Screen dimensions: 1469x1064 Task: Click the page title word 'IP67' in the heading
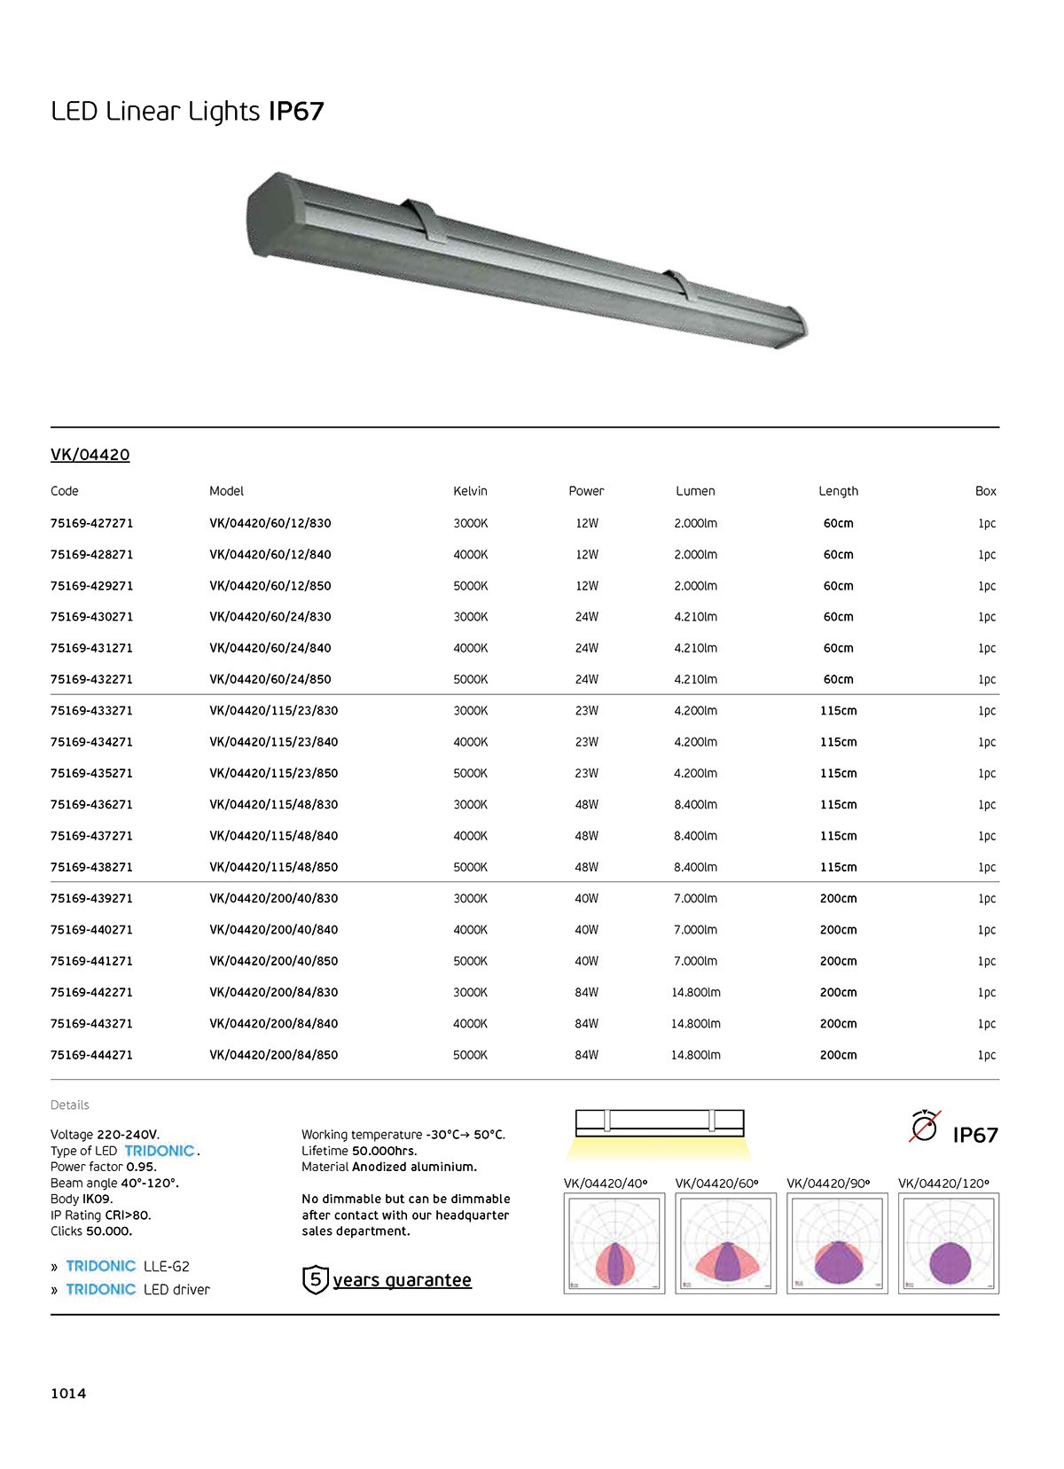click(296, 112)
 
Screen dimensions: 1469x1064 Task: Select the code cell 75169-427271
click(91, 523)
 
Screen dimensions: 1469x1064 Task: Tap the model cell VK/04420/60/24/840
click(270, 648)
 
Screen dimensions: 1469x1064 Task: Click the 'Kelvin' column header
click(470, 491)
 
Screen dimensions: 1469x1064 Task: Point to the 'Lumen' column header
click(695, 491)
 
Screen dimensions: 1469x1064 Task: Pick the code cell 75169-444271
click(91, 1055)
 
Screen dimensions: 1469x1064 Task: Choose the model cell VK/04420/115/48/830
click(273, 805)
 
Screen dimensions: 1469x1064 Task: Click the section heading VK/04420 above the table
click(90, 455)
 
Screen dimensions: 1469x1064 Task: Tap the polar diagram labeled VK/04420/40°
click(614, 1243)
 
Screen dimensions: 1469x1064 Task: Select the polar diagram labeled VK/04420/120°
click(948, 1243)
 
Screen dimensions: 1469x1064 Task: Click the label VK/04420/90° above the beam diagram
click(828, 1183)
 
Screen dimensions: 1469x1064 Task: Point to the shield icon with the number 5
click(316, 1280)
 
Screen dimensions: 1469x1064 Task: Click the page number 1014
click(68, 1394)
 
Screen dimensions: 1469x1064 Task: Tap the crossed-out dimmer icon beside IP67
click(924, 1128)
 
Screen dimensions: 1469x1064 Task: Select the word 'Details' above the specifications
click(69, 1105)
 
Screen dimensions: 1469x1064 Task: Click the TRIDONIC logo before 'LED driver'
click(100, 1289)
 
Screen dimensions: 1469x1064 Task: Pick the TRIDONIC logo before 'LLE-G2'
click(100, 1266)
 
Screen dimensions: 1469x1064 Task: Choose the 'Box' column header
click(985, 491)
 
